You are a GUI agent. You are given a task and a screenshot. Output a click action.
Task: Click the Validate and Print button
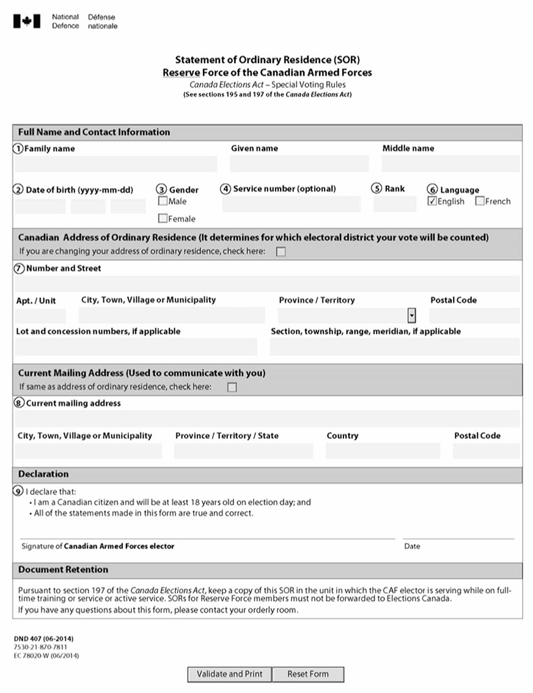tap(229, 674)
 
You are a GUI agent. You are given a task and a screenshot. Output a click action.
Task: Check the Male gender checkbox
tap(163, 201)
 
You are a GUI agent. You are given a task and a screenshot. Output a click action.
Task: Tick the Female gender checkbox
tap(163, 218)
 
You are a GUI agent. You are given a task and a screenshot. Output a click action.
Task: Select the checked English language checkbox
tap(433, 201)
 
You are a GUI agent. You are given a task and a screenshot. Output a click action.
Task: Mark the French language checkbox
tap(480, 201)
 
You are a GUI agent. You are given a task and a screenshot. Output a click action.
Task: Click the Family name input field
tap(116, 164)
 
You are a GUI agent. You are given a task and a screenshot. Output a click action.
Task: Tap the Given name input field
tap(299, 164)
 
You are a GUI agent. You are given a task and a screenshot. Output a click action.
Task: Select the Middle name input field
tap(450, 164)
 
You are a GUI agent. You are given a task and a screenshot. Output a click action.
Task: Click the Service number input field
tap(291, 204)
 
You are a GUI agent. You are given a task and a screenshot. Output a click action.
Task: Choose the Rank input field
tap(394, 204)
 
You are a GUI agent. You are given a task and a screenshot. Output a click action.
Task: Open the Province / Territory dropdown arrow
tap(411, 315)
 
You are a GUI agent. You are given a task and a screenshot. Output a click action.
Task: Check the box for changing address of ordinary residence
tap(281, 252)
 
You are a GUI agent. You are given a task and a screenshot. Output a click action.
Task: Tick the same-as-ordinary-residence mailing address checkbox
tap(232, 387)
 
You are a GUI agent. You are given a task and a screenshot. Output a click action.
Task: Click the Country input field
tap(383, 451)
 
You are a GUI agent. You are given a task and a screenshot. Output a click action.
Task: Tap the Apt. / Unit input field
tap(40, 315)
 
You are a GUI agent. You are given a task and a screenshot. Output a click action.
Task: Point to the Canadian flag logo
tap(27, 21)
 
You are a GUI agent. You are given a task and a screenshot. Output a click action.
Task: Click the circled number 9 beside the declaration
tap(18, 491)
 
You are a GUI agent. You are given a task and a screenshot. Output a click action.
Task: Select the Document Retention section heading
tap(63, 570)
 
